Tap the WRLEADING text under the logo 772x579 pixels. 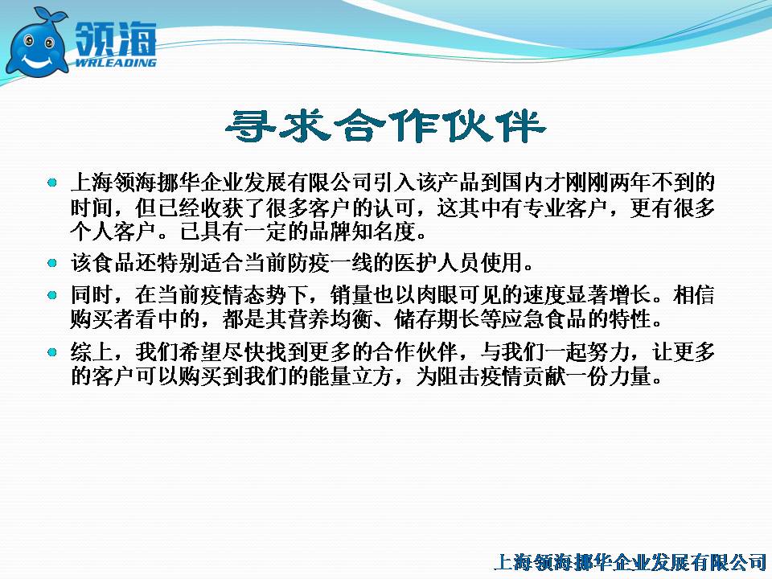116,63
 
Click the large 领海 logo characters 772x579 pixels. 116,38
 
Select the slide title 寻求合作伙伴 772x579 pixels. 385,126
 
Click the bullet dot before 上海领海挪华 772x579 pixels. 52,183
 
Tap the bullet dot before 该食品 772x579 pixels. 52,263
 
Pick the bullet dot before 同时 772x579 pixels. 52,295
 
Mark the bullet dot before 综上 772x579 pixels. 52,352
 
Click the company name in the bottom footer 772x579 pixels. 630,562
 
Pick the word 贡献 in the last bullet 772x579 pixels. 544,376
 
